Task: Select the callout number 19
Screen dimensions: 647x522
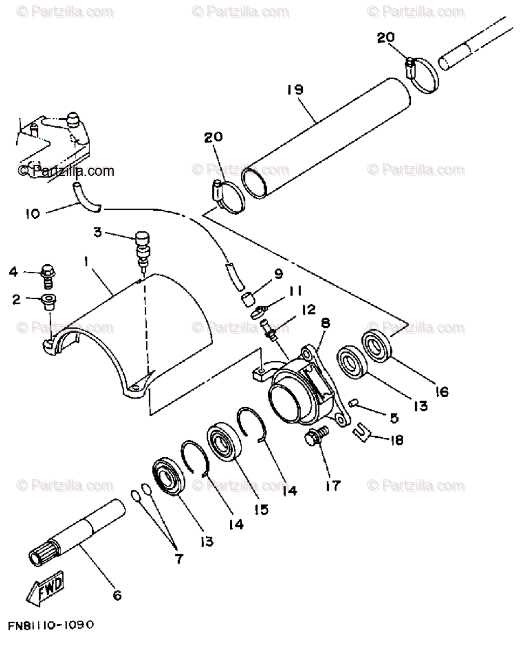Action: pos(296,89)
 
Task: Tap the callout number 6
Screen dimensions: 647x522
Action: pos(117,596)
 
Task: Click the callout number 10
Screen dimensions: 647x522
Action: pos(32,214)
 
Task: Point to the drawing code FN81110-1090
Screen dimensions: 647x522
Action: pos(51,625)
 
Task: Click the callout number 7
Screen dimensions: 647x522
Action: pos(178,559)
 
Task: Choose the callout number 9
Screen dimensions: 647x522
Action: pos(279,274)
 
